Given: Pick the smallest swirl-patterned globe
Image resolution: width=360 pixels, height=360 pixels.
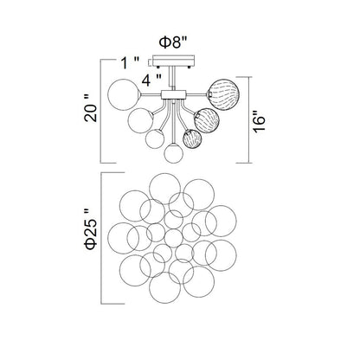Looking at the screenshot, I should click(193, 140).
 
